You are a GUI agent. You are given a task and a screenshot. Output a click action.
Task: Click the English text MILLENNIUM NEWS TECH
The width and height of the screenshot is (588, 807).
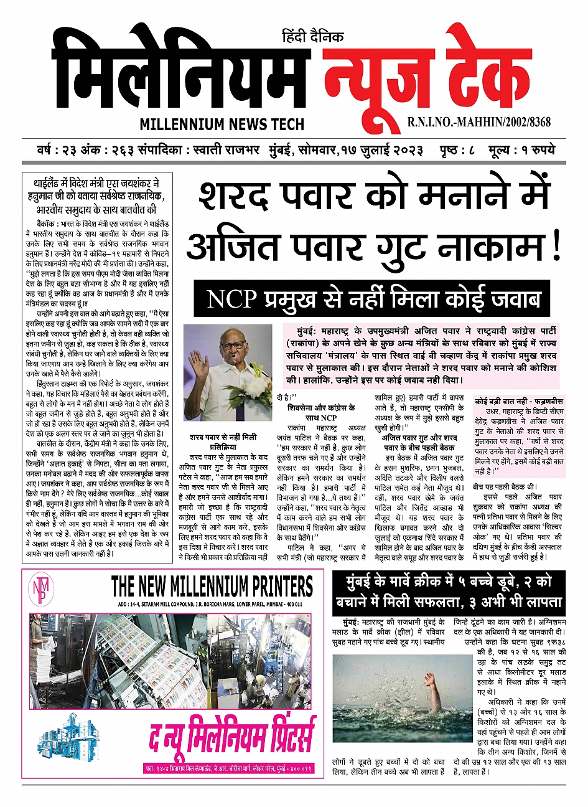click(222, 124)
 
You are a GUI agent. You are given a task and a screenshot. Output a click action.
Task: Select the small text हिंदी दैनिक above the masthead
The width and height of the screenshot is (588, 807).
click(312, 37)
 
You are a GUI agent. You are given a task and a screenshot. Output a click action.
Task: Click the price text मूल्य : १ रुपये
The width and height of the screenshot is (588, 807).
click(522, 151)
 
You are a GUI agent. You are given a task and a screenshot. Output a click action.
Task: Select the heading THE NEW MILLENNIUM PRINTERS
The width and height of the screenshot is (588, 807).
click(212, 587)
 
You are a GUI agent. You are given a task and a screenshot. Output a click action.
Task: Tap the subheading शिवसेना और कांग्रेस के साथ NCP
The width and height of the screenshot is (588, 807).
click(321, 413)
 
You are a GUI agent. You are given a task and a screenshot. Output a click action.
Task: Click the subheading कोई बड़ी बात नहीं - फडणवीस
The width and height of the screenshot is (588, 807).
click(518, 402)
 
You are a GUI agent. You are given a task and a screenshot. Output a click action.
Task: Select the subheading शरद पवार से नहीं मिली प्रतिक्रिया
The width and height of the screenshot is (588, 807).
click(223, 442)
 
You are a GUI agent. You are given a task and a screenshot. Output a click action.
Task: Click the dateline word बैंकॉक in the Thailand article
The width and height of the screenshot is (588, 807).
click(47, 222)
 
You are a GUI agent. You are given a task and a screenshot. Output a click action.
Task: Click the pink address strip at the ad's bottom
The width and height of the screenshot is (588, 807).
click(228, 769)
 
